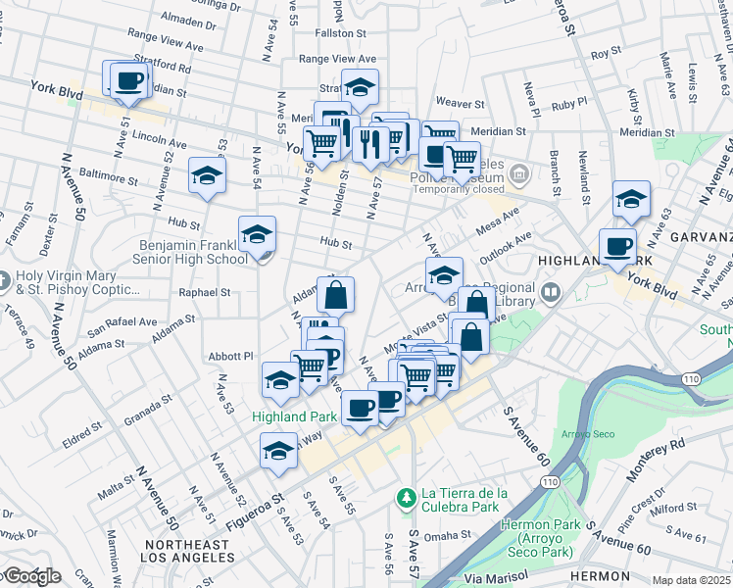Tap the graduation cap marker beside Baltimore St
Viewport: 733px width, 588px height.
coord(207,175)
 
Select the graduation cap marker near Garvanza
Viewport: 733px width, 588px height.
coord(631,199)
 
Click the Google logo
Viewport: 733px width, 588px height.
coord(31,576)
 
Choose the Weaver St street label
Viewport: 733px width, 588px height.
coord(461,102)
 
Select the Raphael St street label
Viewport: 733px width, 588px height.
coord(204,292)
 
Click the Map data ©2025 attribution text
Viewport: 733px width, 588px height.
coord(691,580)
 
